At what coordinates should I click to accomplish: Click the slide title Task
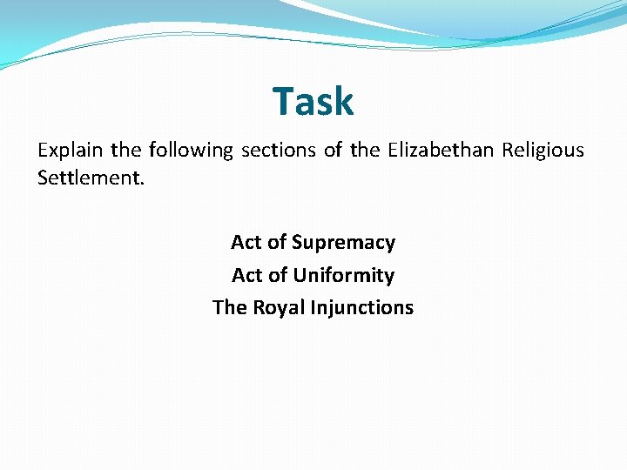coord(313,101)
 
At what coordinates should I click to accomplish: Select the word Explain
coord(69,151)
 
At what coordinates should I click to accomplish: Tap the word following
coord(191,151)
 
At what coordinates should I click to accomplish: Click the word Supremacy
coord(343,243)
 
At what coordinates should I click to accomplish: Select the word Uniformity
coord(343,276)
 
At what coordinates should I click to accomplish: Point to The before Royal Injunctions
coord(230,308)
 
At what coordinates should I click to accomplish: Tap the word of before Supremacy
coord(278,243)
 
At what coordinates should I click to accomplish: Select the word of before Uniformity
coord(279,276)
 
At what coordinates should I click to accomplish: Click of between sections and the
coord(333,151)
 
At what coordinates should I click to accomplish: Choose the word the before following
coord(125,151)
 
